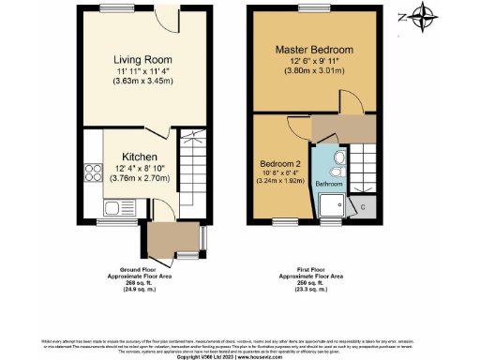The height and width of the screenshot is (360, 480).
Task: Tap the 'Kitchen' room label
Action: (x=139, y=156)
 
